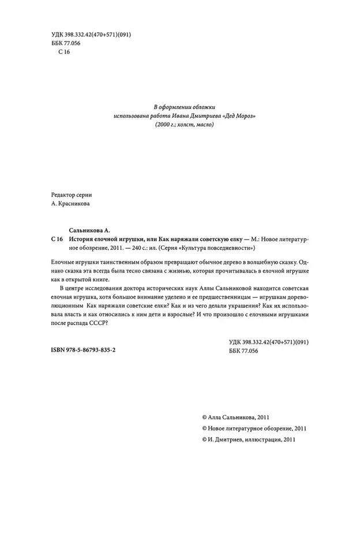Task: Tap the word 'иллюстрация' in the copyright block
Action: coord(260,439)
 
